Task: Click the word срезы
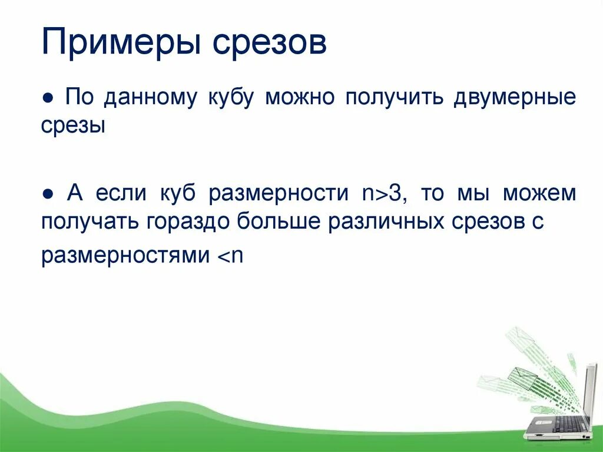pyautogui.click(x=74, y=126)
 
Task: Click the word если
pyautogui.click(x=124, y=194)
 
